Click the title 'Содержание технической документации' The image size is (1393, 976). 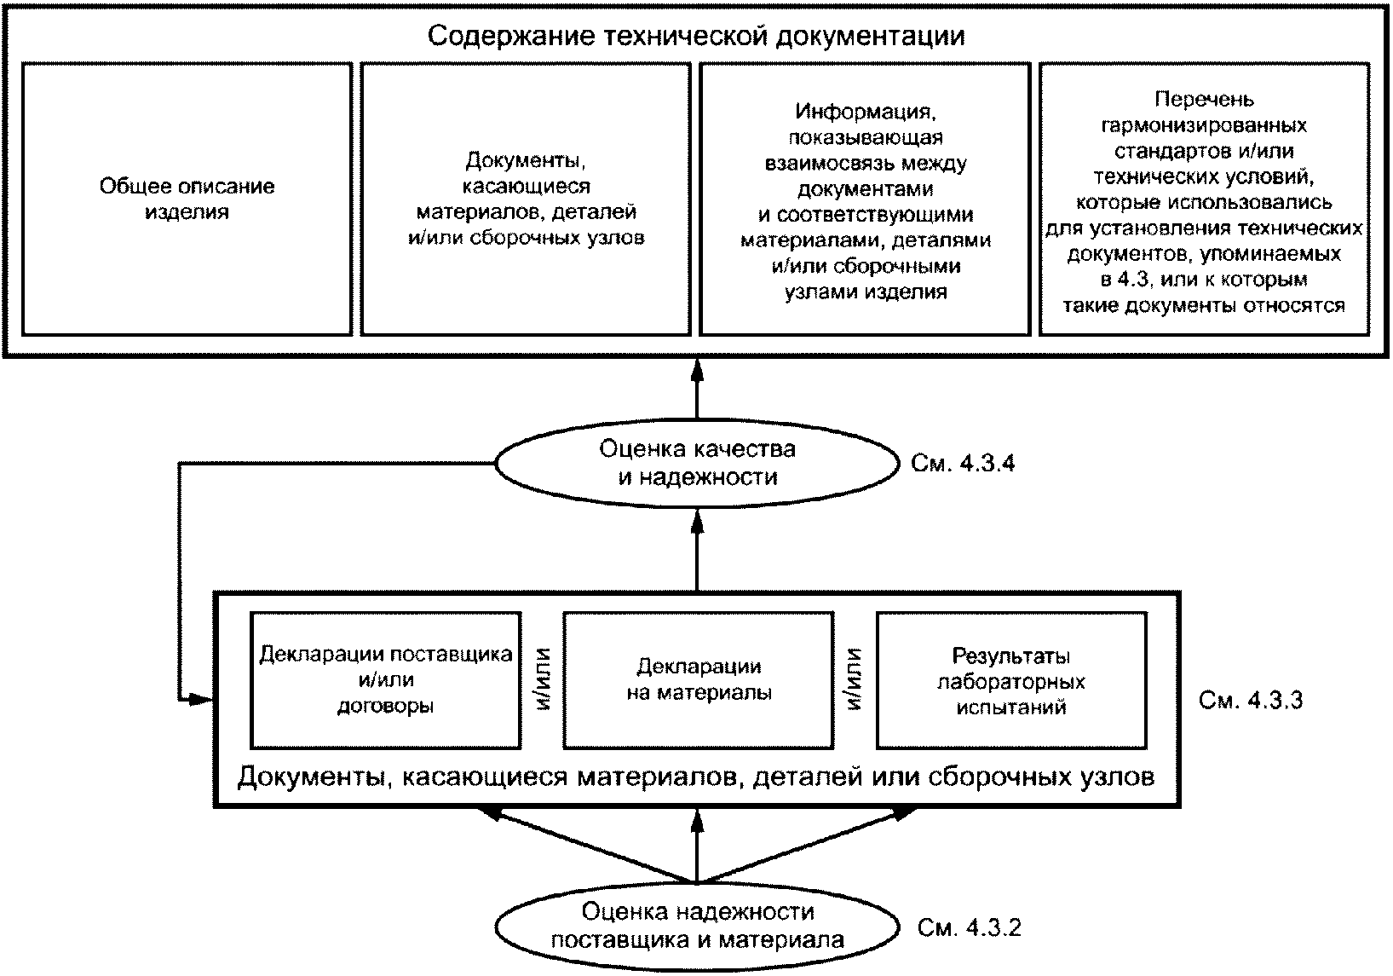coord(696,37)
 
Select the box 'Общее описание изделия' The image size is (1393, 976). coord(187,199)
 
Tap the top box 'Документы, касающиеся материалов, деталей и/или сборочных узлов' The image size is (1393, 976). coord(526,199)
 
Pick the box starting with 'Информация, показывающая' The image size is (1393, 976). coord(865,199)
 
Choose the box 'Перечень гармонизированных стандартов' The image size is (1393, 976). coord(1204,199)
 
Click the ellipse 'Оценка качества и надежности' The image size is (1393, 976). coord(697,463)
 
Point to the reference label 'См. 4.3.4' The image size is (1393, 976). coord(963,464)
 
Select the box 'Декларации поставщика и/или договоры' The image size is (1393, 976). coord(386,679)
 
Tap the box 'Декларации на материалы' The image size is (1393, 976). coord(699,679)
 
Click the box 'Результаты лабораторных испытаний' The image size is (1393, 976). coord(1011,679)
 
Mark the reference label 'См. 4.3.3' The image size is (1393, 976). coord(1250,701)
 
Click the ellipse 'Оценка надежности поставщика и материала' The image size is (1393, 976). coord(697,926)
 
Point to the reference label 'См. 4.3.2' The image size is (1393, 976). coord(969,927)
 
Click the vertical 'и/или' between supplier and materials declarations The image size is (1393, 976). coord(543,679)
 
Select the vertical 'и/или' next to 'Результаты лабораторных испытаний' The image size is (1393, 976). coord(855,679)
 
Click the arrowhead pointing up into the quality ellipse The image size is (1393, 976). coord(697,519)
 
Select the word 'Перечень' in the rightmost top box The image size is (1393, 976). coord(1204,101)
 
